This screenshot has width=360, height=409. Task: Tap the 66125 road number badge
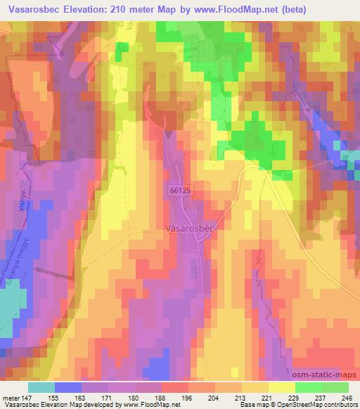pos(180,190)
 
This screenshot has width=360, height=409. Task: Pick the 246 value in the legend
pos(346,397)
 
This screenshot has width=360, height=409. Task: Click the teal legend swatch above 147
pos(41,387)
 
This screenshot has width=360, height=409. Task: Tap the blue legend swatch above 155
pos(67,387)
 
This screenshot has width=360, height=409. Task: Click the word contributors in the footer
pos(340,405)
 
